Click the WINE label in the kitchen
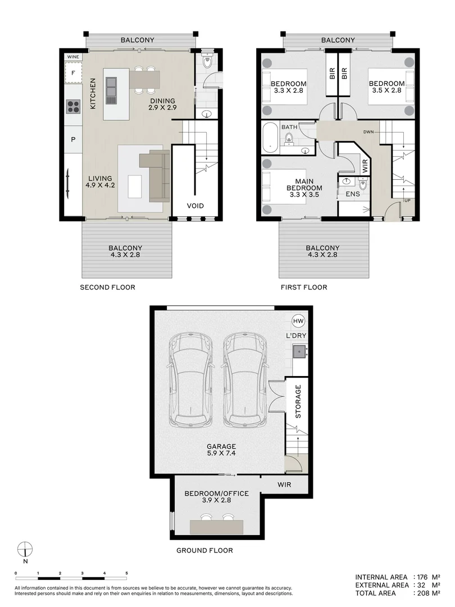[x=73, y=57]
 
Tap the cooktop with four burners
[x=73, y=106]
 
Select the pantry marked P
[x=73, y=139]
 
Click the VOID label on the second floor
[x=195, y=206]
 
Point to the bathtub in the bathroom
[x=270, y=138]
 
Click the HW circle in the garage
[x=298, y=321]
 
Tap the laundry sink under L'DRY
[x=299, y=351]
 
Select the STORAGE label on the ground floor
[x=298, y=401]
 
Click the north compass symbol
[x=25, y=549]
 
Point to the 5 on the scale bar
[x=126, y=573]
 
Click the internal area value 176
[x=422, y=577]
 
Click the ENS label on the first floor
[x=352, y=194]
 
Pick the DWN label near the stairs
[x=368, y=132]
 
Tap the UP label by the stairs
[x=407, y=201]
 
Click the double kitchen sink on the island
[x=111, y=90]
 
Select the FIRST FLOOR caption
[x=304, y=287]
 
